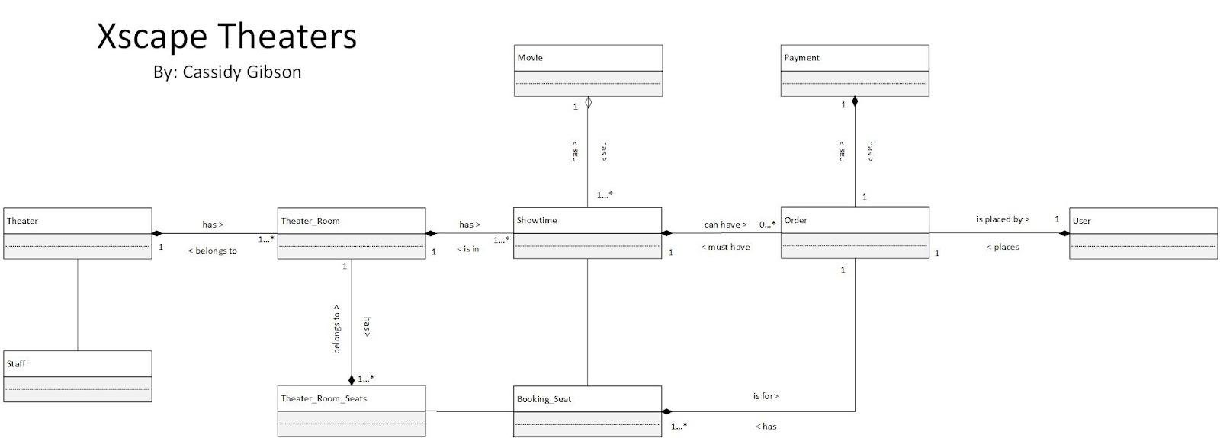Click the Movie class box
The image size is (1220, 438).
click(x=588, y=70)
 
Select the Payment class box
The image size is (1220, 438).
click(x=855, y=70)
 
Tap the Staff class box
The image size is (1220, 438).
click(x=77, y=376)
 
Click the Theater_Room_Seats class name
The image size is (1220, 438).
click(x=323, y=398)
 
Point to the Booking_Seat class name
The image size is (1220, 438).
click(x=544, y=399)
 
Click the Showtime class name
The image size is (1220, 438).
click(x=537, y=220)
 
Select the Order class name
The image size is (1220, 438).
click(x=795, y=220)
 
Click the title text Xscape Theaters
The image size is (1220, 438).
click(x=226, y=36)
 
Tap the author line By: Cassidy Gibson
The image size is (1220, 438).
click(x=227, y=72)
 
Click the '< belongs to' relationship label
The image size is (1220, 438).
click(x=212, y=251)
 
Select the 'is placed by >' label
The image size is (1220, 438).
click(x=1003, y=219)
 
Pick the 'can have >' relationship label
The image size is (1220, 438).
click(x=725, y=225)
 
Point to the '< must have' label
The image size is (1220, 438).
click(x=725, y=247)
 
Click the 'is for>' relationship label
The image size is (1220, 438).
click(x=766, y=396)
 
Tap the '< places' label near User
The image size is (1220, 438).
click(x=1003, y=247)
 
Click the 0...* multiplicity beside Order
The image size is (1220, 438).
click(x=767, y=225)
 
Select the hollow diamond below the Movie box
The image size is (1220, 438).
click(x=588, y=102)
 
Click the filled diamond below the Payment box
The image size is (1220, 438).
click(x=855, y=102)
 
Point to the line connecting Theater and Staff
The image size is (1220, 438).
click(x=78, y=305)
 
